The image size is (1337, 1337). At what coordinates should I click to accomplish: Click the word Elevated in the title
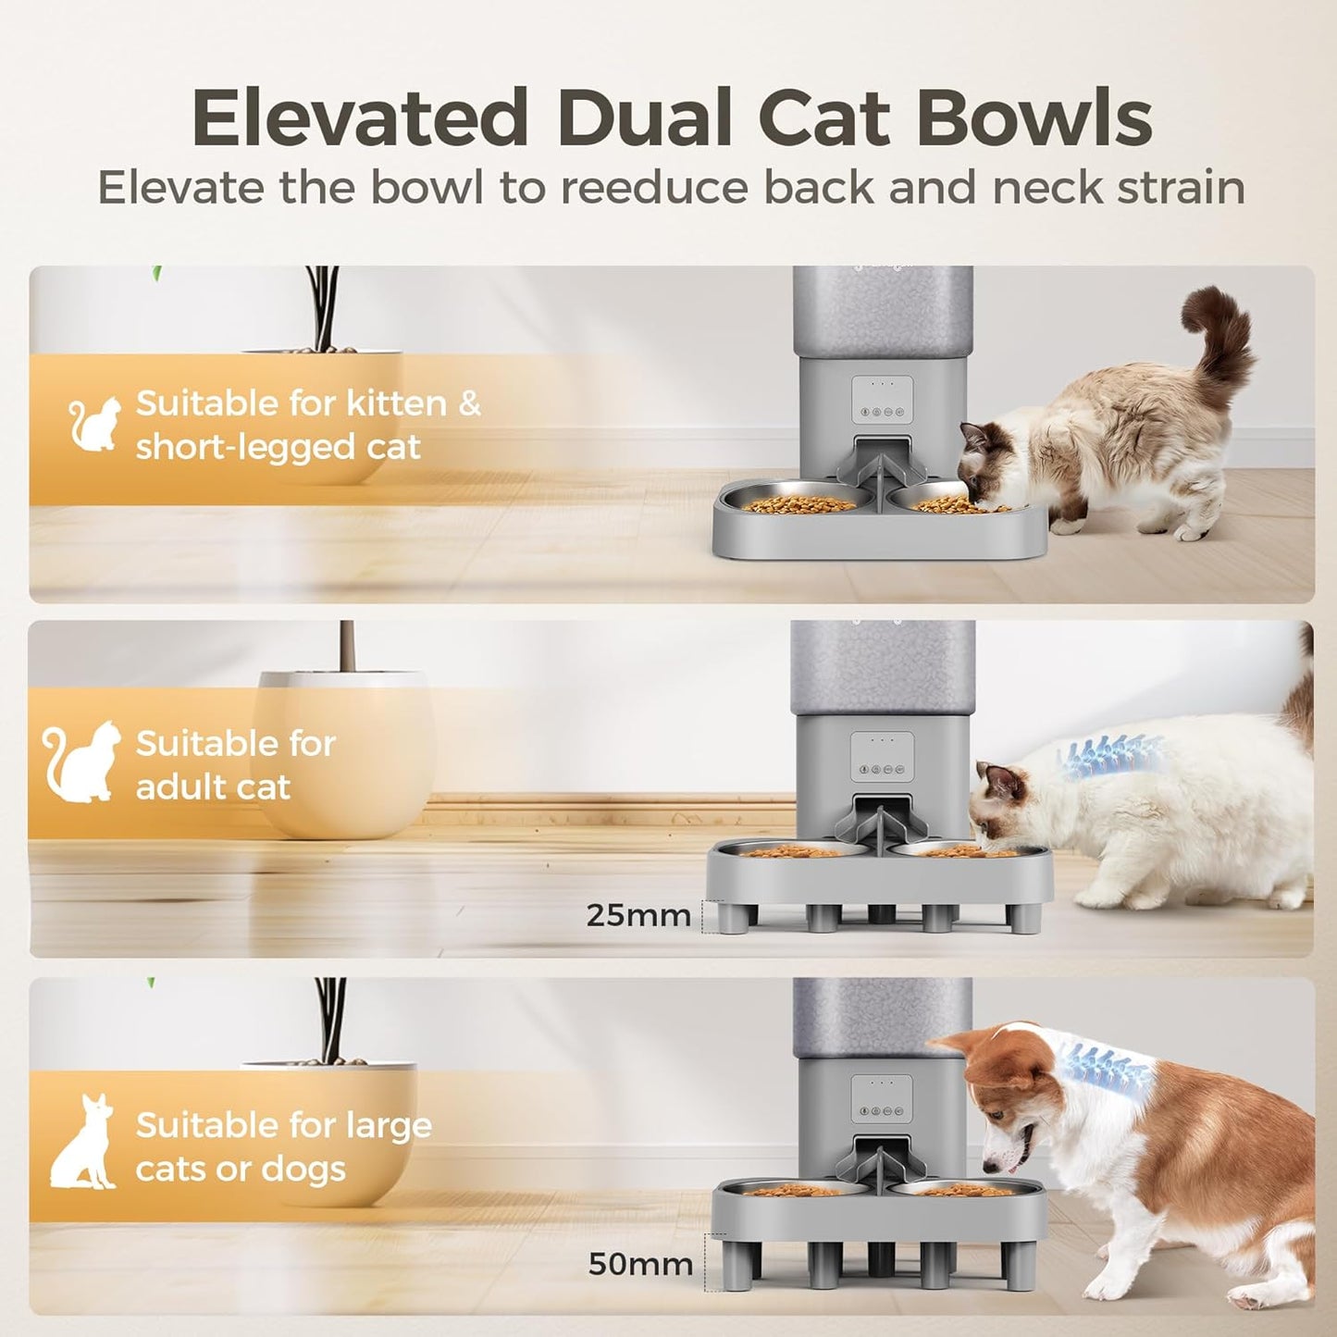point(359,118)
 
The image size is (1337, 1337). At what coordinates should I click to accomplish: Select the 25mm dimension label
point(638,915)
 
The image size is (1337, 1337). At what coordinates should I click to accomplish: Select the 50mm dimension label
point(640,1263)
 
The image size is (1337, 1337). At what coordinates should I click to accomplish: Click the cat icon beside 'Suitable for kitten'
point(95,424)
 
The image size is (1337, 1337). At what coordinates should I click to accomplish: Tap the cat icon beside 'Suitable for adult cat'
point(83,761)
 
